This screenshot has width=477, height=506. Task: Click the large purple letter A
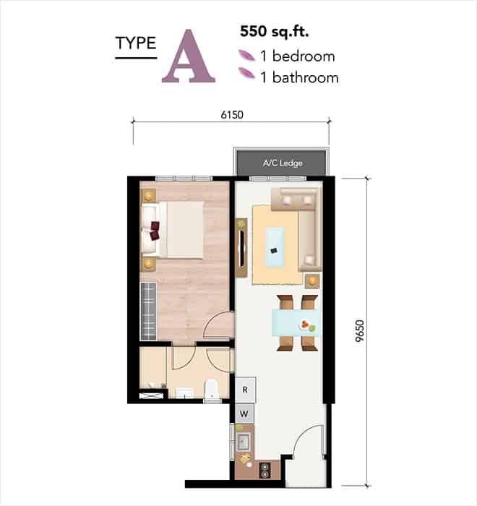pyautogui.click(x=189, y=56)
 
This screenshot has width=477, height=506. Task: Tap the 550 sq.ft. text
pyautogui.click(x=275, y=32)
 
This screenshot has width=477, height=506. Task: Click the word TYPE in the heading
pyautogui.click(x=136, y=43)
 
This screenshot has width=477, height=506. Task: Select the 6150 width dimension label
pyautogui.click(x=232, y=115)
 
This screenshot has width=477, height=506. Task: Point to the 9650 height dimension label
pyautogui.click(x=359, y=331)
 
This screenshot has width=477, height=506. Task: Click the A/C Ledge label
pyautogui.click(x=283, y=163)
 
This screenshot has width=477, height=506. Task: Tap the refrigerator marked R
pyautogui.click(x=245, y=390)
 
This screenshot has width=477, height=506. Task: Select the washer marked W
pyautogui.click(x=244, y=413)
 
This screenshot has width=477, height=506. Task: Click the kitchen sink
pyautogui.click(x=243, y=442)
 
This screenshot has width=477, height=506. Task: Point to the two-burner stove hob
pyautogui.click(x=265, y=470)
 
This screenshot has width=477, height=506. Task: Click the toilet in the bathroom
pyautogui.click(x=212, y=391)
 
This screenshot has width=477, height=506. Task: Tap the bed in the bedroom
pyautogui.click(x=173, y=229)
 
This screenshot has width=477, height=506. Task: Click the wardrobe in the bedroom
pyautogui.click(x=148, y=311)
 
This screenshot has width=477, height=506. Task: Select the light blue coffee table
pyautogui.click(x=275, y=247)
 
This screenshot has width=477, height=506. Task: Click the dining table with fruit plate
pyautogui.click(x=296, y=322)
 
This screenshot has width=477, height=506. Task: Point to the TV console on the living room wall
pyautogui.click(x=241, y=248)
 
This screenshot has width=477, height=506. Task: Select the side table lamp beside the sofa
pyautogui.click(x=312, y=281)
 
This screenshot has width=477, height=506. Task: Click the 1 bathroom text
pyautogui.click(x=299, y=78)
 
